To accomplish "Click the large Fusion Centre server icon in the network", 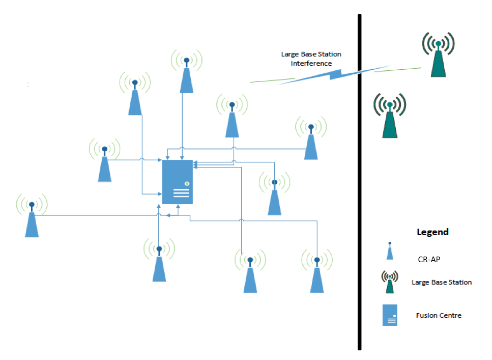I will (x=178, y=182).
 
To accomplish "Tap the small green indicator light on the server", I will (x=187, y=183).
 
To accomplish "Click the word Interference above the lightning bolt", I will (x=311, y=64).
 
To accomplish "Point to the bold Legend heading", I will (x=432, y=232).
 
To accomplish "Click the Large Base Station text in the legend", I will (x=442, y=282).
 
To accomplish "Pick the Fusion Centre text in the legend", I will (x=439, y=316).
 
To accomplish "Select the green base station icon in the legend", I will (x=390, y=283).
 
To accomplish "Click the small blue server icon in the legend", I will (x=390, y=315).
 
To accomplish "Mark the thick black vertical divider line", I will (x=359, y=183).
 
